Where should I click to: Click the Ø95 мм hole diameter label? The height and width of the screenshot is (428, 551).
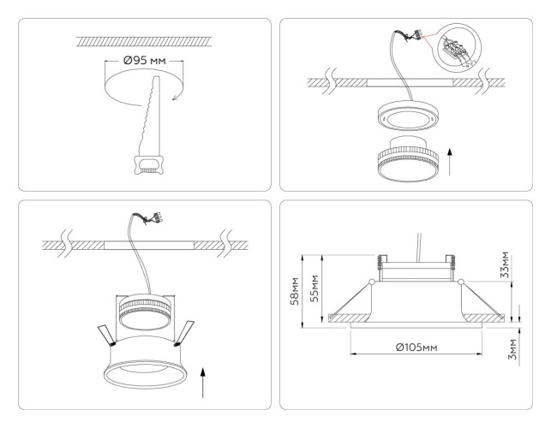[x=142, y=62]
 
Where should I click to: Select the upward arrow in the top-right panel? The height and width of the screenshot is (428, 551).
[x=452, y=159]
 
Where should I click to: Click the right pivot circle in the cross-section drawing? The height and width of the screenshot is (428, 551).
[x=460, y=282]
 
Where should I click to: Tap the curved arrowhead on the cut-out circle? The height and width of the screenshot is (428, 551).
[x=174, y=96]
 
